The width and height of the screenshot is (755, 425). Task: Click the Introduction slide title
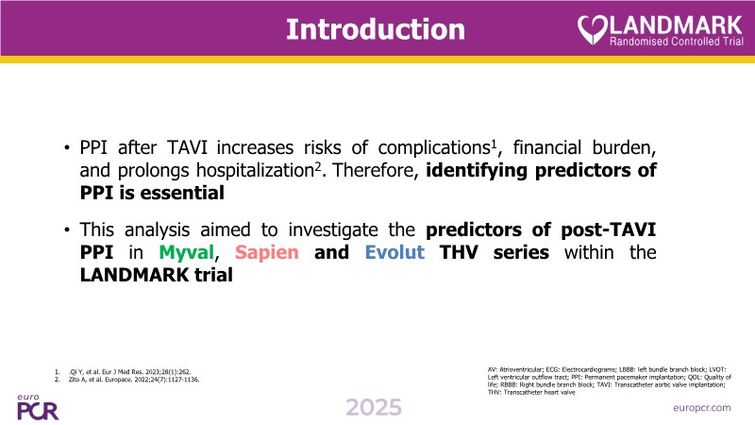pos(376,29)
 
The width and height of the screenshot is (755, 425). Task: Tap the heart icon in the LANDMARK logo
pos(592,30)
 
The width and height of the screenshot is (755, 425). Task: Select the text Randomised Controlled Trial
pos(677,42)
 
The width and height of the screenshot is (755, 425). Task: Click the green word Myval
pos(186,252)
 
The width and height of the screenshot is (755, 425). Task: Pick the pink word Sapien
pos(267,252)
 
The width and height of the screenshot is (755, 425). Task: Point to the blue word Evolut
pos(394,252)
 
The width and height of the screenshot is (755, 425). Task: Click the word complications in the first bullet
pos(434,148)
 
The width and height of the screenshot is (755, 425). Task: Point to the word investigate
pos(333,230)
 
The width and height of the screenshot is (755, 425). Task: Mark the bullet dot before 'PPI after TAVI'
pos(67,148)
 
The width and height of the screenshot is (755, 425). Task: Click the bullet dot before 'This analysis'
pos(67,230)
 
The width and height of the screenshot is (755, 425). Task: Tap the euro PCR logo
pos(38,408)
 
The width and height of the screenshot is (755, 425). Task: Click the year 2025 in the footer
pos(374,408)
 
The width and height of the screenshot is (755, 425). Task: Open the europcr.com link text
pos(702,408)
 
